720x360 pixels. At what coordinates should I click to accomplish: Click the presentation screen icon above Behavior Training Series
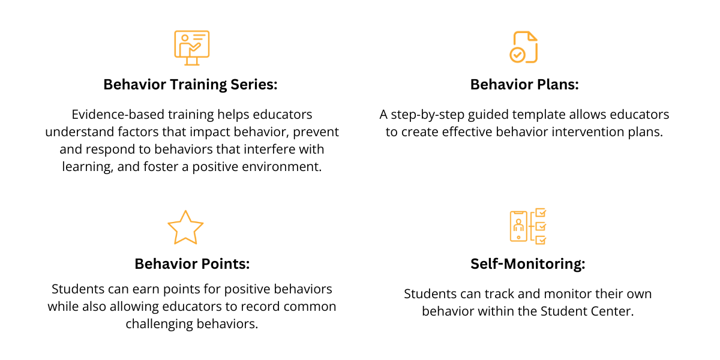tap(191, 47)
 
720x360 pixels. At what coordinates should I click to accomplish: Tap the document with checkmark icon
tap(524, 47)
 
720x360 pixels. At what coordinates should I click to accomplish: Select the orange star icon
tap(185, 227)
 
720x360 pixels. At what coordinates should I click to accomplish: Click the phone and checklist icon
tap(528, 226)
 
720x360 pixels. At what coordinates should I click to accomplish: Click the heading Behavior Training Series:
tap(190, 85)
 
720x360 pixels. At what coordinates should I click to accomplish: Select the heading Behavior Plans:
tap(524, 85)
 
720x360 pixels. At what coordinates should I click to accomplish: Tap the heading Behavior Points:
tap(192, 263)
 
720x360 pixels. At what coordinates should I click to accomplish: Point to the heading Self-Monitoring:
tap(527, 263)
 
